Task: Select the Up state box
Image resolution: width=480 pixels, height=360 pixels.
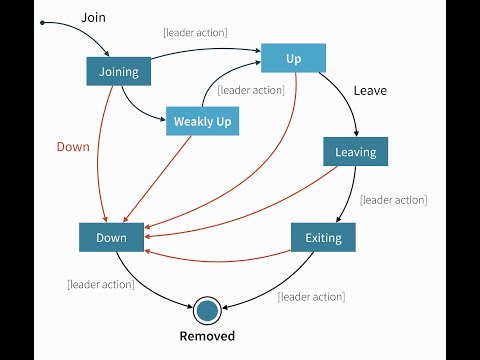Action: point(293,59)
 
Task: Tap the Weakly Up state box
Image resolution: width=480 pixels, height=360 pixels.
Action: point(200,121)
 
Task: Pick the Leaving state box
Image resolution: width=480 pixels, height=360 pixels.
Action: point(355,152)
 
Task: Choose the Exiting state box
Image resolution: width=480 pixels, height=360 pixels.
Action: point(323,237)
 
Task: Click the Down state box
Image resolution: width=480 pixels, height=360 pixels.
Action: point(111,237)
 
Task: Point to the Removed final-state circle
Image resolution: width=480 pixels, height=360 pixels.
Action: point(207,309)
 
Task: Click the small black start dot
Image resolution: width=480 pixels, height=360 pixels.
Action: point(43,22)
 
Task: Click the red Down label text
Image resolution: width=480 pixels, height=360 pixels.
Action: point(72,146)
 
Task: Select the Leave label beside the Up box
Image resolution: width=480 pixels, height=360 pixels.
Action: point(370,90)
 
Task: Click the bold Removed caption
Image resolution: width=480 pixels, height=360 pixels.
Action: point(207,336)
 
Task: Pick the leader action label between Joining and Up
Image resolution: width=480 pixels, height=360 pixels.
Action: point(195,32)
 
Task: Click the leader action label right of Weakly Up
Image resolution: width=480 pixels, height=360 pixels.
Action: point(251,90)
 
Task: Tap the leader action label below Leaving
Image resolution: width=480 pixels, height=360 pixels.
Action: point(394,200)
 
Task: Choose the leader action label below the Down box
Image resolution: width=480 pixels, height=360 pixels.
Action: point(100,284)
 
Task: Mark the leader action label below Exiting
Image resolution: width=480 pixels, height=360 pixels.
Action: point(311,296)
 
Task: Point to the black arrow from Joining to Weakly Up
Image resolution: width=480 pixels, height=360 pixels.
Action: point(135,106)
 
